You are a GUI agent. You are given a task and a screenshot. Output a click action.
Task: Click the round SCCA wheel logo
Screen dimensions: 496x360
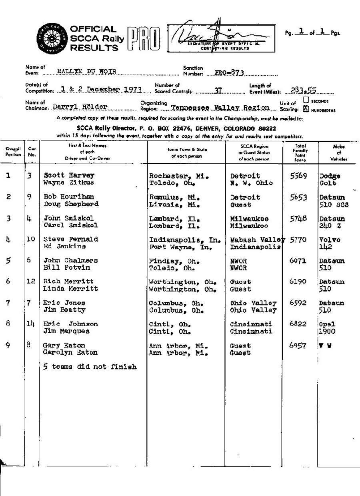[50, 38]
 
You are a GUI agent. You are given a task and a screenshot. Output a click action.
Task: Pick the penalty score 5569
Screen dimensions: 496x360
[299, 176]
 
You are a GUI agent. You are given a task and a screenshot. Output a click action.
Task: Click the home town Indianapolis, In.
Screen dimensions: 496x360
[185, 239]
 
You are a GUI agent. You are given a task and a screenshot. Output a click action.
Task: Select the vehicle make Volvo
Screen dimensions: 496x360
[330, 239]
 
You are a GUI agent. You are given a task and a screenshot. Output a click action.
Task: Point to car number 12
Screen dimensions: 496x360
[32, 282]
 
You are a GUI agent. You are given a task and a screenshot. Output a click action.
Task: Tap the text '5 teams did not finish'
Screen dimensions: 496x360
[90, 367]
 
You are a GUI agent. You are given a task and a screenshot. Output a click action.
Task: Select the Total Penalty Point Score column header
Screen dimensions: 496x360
[300, 153]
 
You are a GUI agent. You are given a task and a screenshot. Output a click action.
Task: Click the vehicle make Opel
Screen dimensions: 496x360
[327, 323]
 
